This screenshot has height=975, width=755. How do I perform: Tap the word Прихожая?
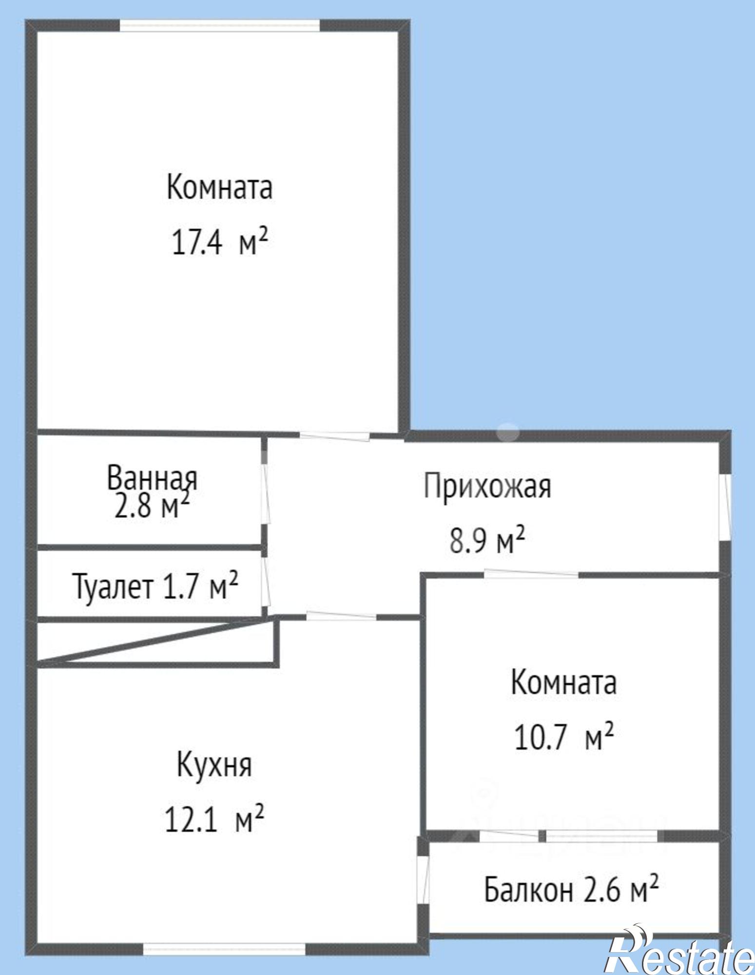click(x=487, y=486)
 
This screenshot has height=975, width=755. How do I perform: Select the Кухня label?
click(x=214, y=765)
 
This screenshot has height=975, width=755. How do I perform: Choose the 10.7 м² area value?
click(x=563, y=738)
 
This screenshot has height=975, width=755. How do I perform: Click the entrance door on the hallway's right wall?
click(x=726, y=507)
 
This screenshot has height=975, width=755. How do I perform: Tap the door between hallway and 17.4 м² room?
click(x=334, y=435)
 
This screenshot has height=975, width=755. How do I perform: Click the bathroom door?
click(x=266, y=494)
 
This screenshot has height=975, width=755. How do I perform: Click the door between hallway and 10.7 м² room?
click(x=531, y=574)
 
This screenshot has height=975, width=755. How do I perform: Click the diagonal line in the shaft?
click(x=156, y=641)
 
